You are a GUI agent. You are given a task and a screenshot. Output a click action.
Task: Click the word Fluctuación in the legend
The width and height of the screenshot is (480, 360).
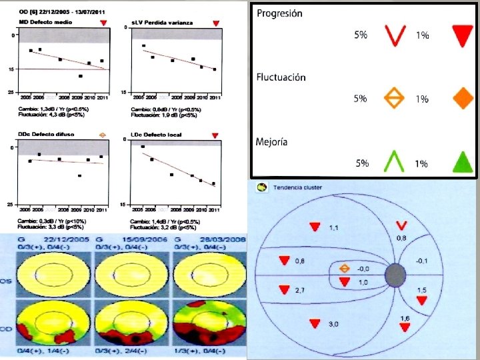coord(281,77)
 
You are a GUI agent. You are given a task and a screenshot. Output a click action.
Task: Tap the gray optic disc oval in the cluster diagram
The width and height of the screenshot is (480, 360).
coord(395,274)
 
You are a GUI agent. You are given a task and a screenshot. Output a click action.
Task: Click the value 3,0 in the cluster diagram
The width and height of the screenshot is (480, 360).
coord(333,324)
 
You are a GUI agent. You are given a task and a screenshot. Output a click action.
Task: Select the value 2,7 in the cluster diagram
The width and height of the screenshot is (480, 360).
coord(299,291)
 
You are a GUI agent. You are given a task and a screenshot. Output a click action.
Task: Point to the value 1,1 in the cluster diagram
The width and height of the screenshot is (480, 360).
coord(333,228)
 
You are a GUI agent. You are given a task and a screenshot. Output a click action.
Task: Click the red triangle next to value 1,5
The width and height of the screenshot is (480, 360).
coord(421,301)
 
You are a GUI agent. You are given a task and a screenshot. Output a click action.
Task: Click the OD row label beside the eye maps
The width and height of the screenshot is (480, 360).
coord(5,329)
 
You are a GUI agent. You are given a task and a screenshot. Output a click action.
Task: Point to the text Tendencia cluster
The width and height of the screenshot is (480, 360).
coord(293,187)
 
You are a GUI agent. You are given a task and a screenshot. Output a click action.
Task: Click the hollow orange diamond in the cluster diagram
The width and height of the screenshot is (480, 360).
coord(344,269)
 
